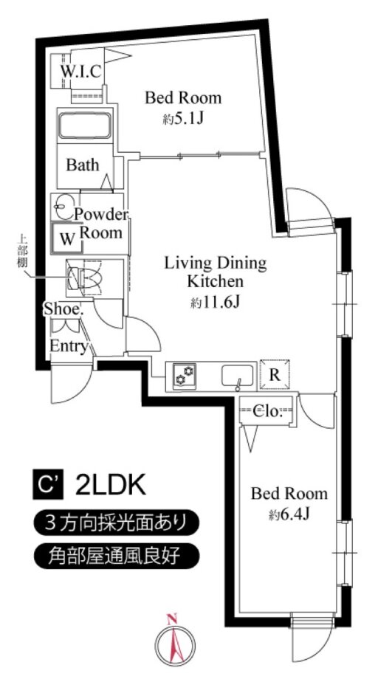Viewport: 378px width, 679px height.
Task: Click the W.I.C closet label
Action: tap(81, 71)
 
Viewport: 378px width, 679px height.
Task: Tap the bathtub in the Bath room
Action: tap(84, 125)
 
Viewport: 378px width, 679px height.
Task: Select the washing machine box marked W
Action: tap(67, 238)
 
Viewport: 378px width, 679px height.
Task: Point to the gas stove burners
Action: tap(185, 374)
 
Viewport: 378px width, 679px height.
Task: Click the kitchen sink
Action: tap(238, 375)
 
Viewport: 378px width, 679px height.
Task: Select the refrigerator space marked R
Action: tap(275, 374)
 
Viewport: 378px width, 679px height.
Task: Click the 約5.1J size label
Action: tap(183, 119)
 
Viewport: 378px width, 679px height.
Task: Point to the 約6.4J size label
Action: tap(289, 514)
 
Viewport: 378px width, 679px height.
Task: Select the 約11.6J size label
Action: tap(215, 303)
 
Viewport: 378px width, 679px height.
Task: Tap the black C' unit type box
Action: tap(48, 486)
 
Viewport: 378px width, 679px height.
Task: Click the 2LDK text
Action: tap(110, 486)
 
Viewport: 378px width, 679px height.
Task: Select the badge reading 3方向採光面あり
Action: tap(117, 523)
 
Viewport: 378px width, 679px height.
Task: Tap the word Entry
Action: tap(69, 346)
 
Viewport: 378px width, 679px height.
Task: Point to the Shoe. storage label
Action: tap(63, 309)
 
